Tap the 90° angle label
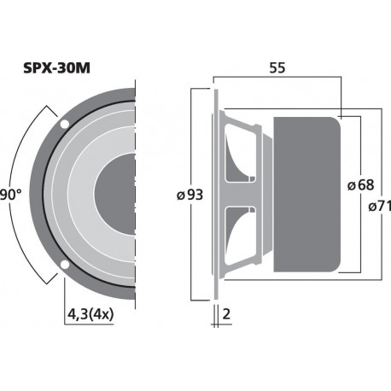coord(10,195)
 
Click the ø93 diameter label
coord(189,195)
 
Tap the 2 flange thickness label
coord(225,314)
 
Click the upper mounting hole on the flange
coord(66,125)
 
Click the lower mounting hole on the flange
coord(66,267)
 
